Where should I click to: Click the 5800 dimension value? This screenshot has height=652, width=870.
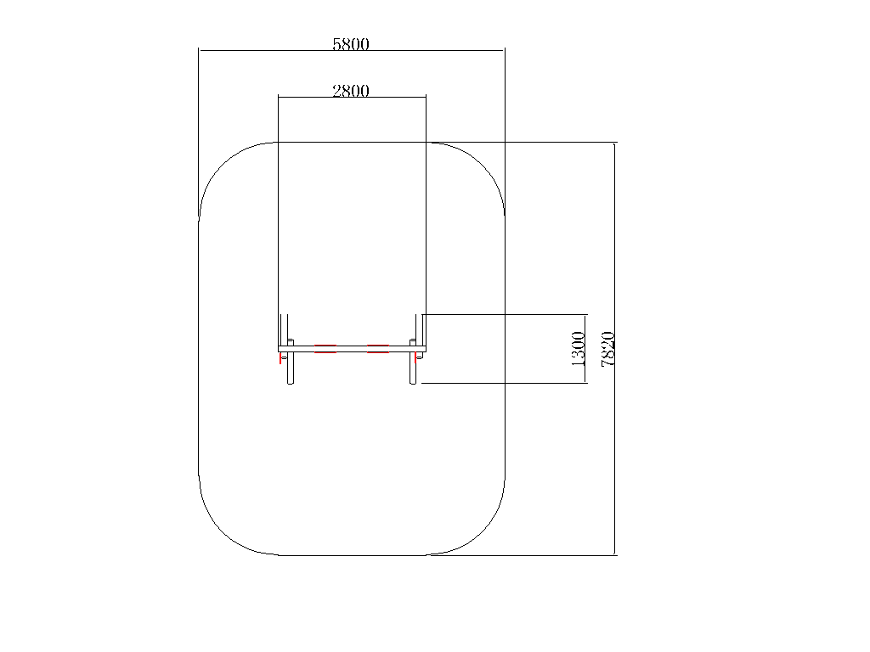click(x=351, y=44)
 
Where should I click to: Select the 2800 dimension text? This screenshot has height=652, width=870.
click(x=351, y=91)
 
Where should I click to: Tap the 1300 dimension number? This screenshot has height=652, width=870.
click(x=578, y=349)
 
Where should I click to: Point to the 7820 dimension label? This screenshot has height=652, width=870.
click(x=608, y=349)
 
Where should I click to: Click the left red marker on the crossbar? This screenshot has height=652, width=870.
click(x=325, y=349)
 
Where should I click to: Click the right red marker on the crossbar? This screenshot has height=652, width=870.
click(x=378, y=349)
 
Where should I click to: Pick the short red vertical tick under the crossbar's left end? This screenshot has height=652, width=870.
click(x=280, y=358)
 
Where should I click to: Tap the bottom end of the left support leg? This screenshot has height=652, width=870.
click(x=291, y=383)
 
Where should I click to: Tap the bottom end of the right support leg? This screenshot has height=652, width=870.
click(x=413, y=383)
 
